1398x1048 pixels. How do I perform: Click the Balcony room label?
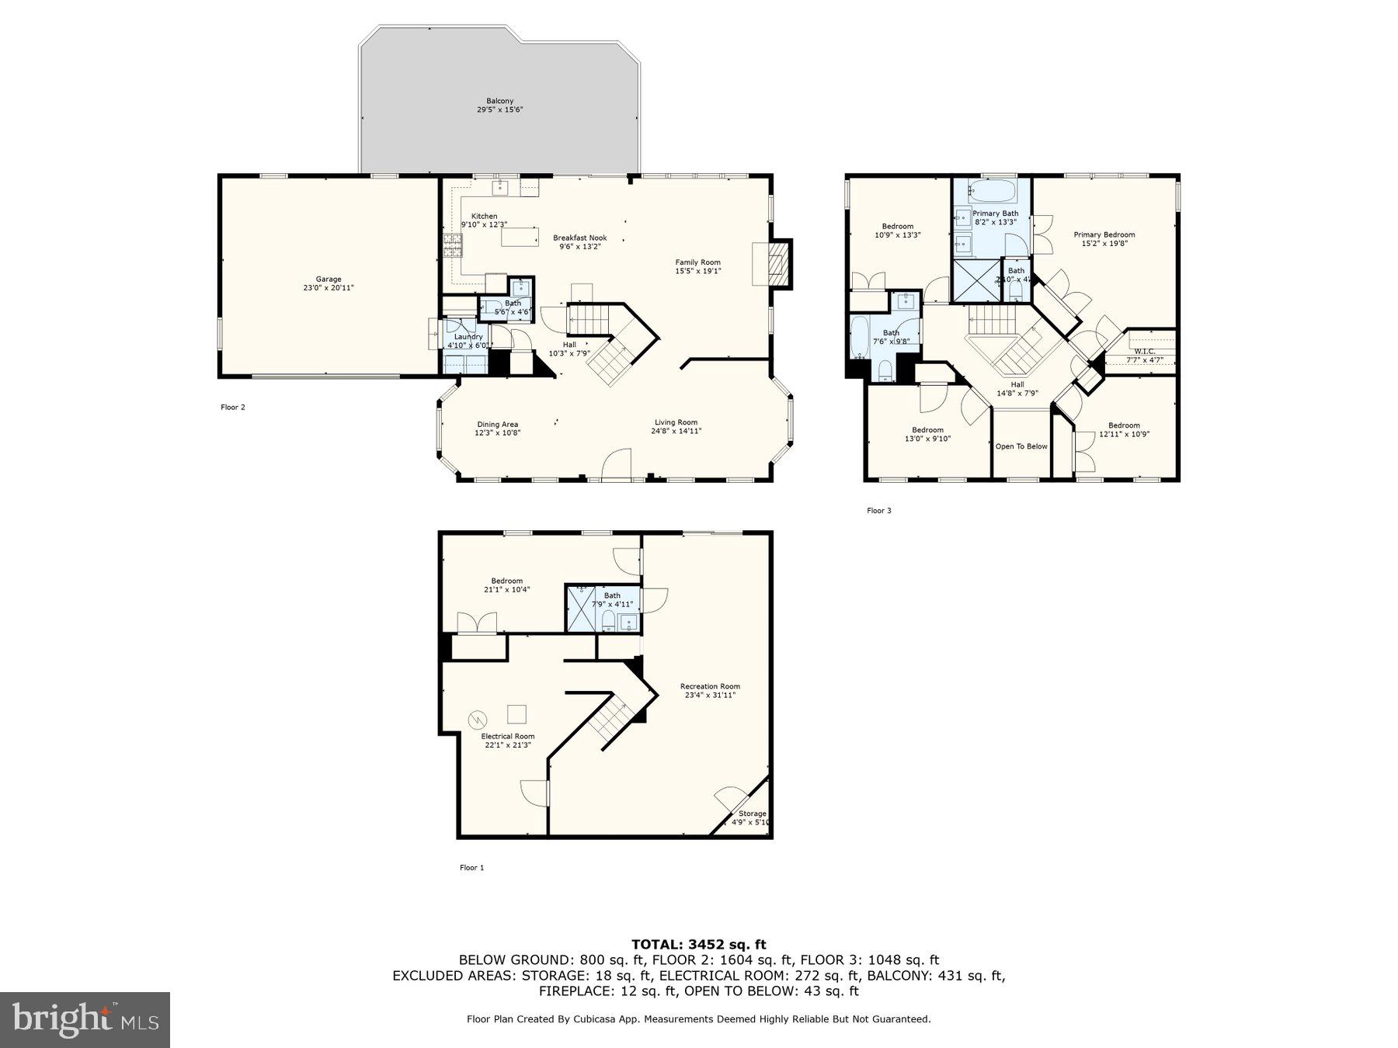point(499,101)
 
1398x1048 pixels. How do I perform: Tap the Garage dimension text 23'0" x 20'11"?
point(329,288)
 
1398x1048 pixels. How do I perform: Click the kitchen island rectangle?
point(520,235)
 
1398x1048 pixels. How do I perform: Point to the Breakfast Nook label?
point(579,238)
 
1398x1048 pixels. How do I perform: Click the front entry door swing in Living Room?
point(617,463)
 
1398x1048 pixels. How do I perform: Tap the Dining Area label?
point(497,425)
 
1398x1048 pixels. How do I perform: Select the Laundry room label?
point(468,337)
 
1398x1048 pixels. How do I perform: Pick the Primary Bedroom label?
point(1104,234)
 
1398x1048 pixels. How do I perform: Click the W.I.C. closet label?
point(1144,352)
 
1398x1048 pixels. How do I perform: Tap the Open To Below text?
point(1021,446)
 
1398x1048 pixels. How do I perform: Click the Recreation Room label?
point(710,686)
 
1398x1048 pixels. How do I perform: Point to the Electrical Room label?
point(507,736)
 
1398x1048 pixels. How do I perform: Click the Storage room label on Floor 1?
point(752,814)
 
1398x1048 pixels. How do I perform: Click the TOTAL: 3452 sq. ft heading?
point(698,944)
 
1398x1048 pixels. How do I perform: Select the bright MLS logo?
point(85,1019)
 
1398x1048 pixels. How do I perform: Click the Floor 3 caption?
point(878,510)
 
